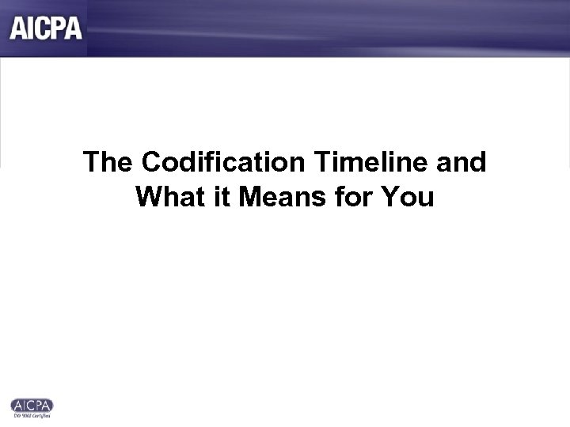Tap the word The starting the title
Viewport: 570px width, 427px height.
point(108,162)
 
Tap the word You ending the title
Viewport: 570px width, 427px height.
point(406,195)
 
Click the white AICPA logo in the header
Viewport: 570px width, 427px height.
point(46,28)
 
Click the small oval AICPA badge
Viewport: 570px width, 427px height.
point(32,405)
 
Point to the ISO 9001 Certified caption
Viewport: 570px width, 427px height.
point(32,415)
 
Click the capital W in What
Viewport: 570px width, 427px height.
point(148,195)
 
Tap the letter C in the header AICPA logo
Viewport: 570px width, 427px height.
point(42,28)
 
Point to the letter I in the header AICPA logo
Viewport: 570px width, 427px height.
point(29,28)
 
